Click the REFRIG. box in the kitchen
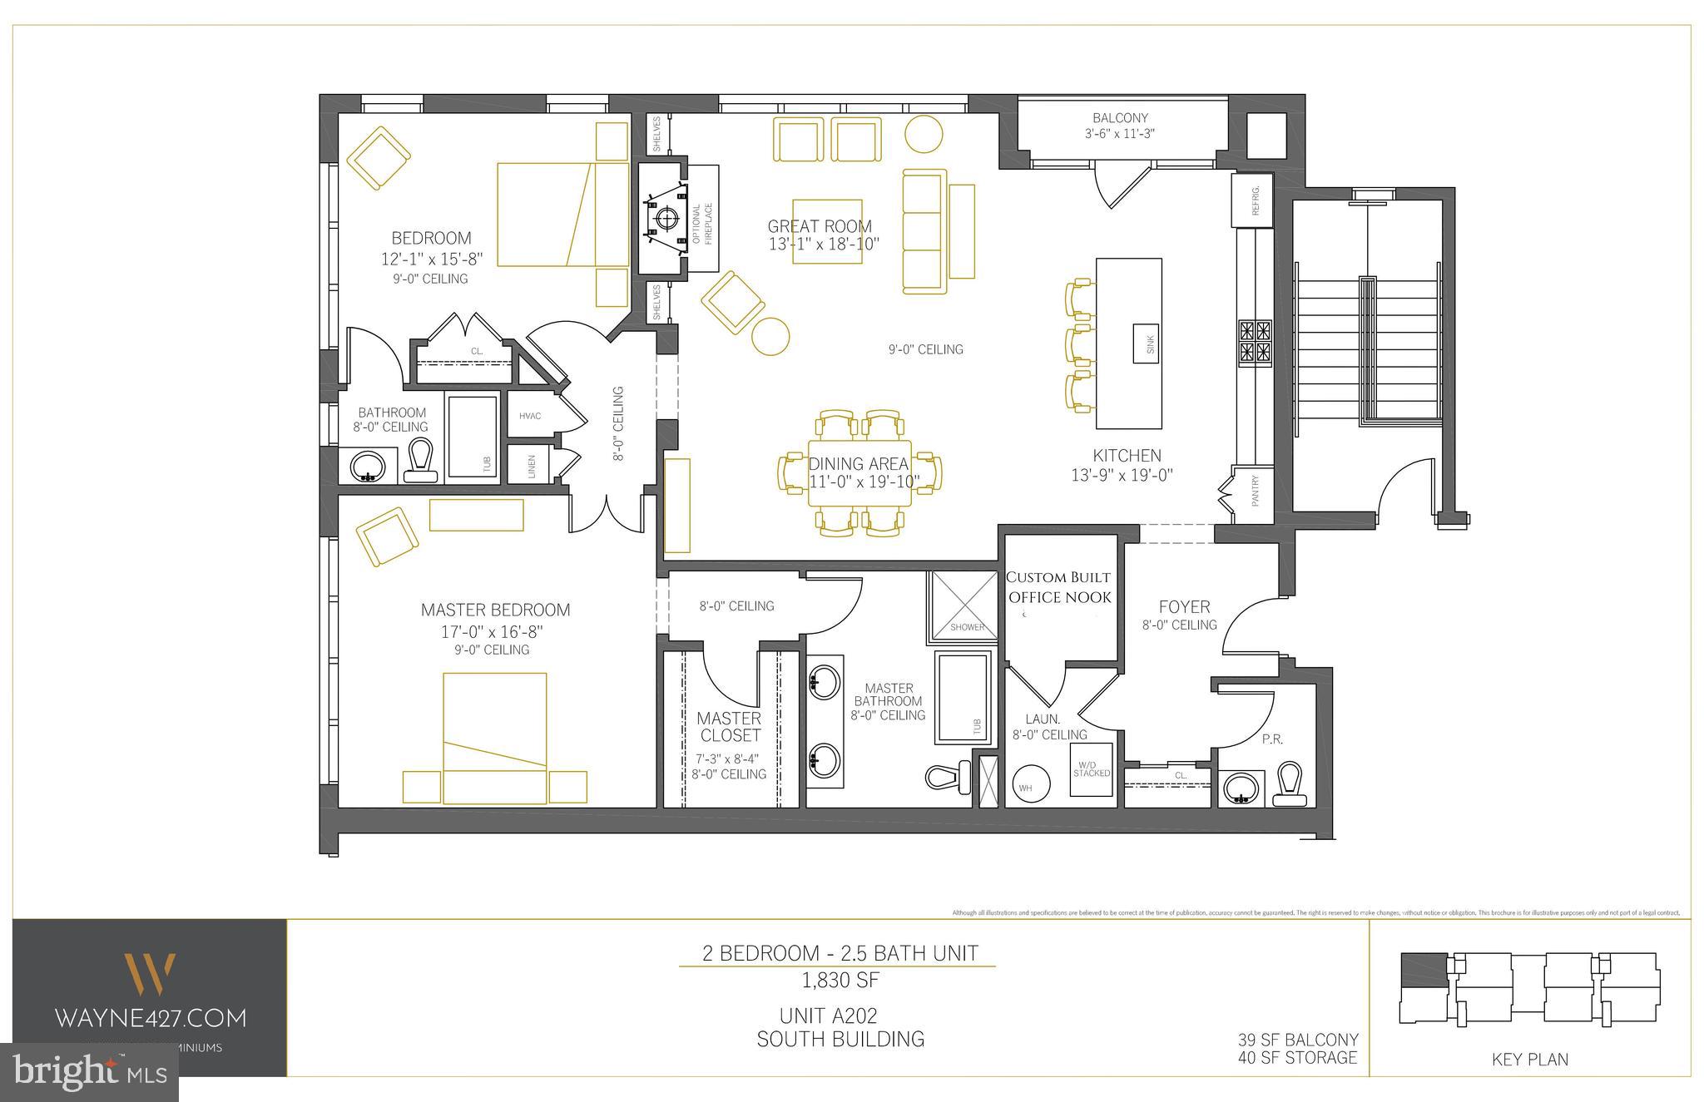tap(1252, 200)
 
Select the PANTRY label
tap(1255, 491)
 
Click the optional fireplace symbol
tap(666, 219)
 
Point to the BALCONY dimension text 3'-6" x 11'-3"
tap(1120, 133)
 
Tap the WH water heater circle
tap(1025, 786)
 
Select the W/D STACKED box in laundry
tap(1091, 769)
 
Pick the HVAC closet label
tap(530, 416)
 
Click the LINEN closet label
tap(532, 467)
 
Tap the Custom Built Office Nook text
tap(1058, 587)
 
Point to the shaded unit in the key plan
tap(1424, 970)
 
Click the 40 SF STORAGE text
tap(1297, 1057)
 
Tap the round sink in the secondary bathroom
tap(366, 466)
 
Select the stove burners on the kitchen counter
tap(1255, 343)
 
